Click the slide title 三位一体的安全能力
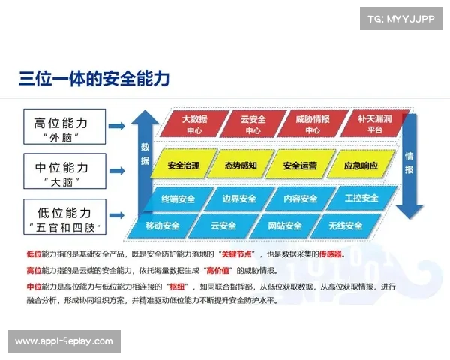(94, 79)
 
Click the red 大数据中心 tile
(195, 124)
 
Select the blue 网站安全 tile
(284, 225)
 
